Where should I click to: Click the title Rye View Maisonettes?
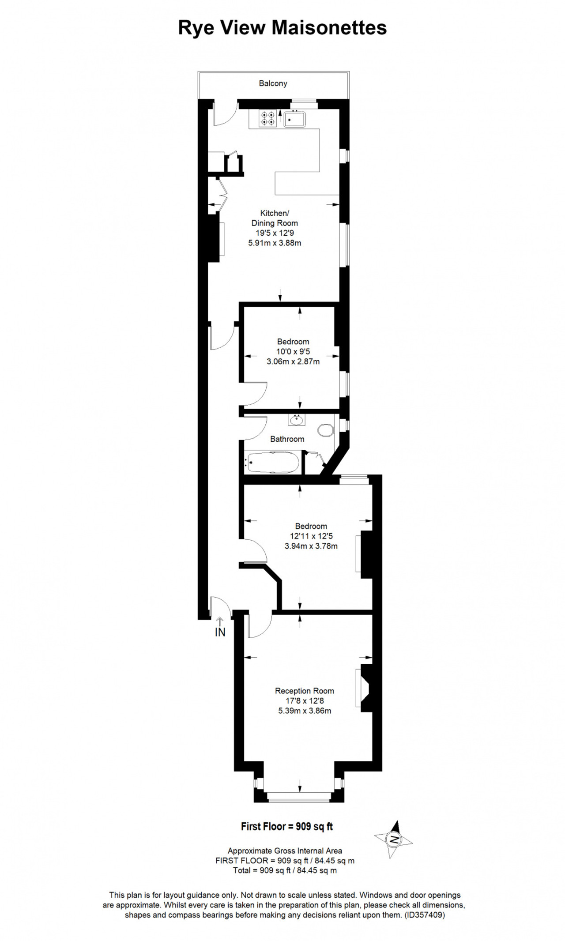point(282,28)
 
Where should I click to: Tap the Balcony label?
point(273,83)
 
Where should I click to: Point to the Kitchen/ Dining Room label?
point(275,218)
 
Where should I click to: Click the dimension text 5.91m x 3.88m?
point(275,243)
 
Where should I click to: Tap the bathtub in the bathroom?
point(273,463)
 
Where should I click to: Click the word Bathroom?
point(287,439)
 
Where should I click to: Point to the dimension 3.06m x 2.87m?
point(293,361)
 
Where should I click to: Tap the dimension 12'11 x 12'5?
point(311,536)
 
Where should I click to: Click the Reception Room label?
point(305,691)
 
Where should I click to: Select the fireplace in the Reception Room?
point(364,688)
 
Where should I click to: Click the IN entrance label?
point(220,632)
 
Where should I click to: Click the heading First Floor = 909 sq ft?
point(287,826)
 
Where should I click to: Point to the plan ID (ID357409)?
point(425,915)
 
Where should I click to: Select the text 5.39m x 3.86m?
point(305,711)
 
